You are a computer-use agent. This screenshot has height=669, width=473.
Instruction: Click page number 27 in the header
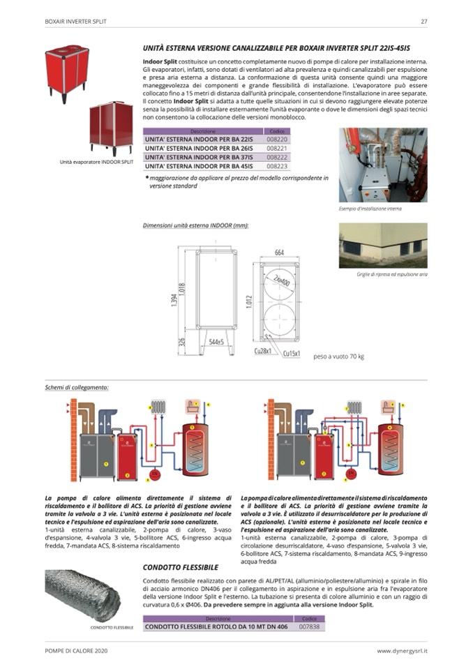pyautogui.click(x=423, y=22)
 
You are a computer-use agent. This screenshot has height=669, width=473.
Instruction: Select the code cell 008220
pyautogui.click(x=277, y=140)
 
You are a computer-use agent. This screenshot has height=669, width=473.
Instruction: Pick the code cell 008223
pyautogui.click(x=277, y=166)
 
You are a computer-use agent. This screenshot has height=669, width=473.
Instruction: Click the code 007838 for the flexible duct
pyautogui.click(x=309, y=626)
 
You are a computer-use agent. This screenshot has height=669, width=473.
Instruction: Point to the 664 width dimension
pyautogui.click(x=279, y=253)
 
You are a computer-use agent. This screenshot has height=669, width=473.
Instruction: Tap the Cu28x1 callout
pyautogui.click(x=262, y=352)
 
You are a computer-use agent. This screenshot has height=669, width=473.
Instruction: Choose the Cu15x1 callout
pyautogui.click(x=291, y=354)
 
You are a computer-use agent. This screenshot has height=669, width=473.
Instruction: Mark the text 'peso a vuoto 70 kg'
pyautogui.click(x=338, y=356)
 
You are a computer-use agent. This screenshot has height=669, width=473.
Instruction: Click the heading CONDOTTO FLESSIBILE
pyautogui.click(x=181, y=567)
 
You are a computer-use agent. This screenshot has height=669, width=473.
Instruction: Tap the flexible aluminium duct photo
pyautogui.click(x=82, y=595)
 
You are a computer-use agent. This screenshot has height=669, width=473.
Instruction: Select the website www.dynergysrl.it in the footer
pyautogui.click(x=402, y=651)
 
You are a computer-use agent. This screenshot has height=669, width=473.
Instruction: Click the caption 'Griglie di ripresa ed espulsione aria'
pyautogui.click(x=382, y=274)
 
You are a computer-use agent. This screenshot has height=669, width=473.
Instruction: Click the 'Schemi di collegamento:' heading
pyautogui.click(x=77, y=386)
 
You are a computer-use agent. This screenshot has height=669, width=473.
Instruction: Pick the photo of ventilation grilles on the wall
pyautogui.click(x=382, y=246)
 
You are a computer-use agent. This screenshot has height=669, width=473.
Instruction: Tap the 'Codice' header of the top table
pyautogui.click(x=277, y=131)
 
